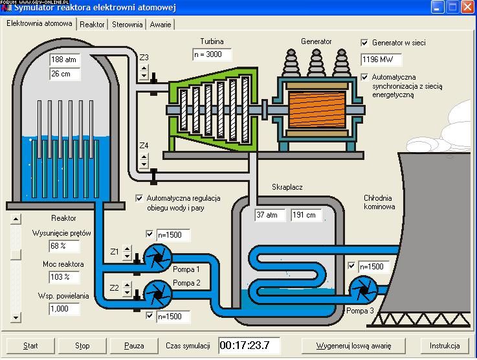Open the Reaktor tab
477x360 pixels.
click(92, 25)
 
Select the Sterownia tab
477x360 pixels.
click(127, 25)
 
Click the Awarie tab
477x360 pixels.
click(161, 25)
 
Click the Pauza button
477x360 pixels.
click(134, 346)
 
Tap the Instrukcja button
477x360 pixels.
click(445, 346)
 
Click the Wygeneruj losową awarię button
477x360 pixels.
click(353, 346)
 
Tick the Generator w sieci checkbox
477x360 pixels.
click(364, 43)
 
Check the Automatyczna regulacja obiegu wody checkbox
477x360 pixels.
click(139, 198)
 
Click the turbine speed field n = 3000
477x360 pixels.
click(212, 54)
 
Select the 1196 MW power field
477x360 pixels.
click(381, 60)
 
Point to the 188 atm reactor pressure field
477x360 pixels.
click(65, 60)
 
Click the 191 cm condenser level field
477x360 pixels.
click(306, 215)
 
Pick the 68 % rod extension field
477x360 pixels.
click(64, 246)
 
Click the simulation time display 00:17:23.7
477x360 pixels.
click(249, 345)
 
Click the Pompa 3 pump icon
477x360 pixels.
click(363, 290)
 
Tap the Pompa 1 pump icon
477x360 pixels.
click(157, 258)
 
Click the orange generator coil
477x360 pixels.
click(316, 110)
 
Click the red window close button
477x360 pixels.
click(468, 7)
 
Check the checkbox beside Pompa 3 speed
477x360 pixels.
click(351, 266)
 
